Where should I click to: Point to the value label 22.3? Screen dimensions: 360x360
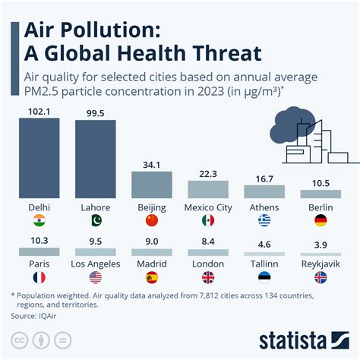(207, 174)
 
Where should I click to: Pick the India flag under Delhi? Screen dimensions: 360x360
(39, 221)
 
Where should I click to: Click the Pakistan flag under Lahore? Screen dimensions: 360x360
(95, 221)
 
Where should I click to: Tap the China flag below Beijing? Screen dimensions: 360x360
(152, 221)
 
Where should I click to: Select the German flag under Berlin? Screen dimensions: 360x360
(321, 221)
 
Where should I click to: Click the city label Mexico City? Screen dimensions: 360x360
(207, 207)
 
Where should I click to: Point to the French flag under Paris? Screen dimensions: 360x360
(39, 277)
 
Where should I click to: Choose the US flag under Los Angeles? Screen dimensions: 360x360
(95, 277)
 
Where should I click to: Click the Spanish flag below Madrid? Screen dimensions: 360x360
(152, 277)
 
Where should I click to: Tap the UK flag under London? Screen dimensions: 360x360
(207, 277)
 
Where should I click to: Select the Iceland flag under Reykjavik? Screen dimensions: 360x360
(321, 277)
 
